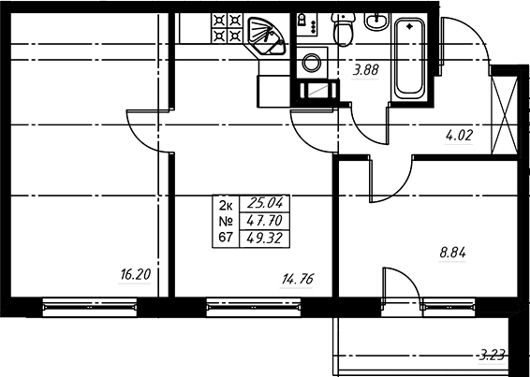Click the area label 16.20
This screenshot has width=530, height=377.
point(135,275)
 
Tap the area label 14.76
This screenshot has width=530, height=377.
point(298,280)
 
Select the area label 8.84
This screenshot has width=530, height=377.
point(452,253)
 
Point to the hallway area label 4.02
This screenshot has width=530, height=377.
point(459,136)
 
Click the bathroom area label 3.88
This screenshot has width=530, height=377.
point(365,70)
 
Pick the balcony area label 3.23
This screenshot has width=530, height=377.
point(493,355)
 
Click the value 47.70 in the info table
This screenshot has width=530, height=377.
point(264,222)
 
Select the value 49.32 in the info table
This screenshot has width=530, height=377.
point(264,239)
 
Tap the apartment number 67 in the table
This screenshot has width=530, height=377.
point(226,238)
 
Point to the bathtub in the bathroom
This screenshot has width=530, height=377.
point(409,58)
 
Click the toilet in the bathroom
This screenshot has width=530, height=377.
point(343,28)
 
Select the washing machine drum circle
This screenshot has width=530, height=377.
point(312,63)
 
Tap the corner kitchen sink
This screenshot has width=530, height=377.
point(265,36)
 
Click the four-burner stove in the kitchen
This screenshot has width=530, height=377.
point(227,28)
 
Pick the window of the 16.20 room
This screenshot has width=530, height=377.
point(90,307)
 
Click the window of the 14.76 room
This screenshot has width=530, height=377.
point(254,307)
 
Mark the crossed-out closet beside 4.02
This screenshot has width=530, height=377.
point(504,115)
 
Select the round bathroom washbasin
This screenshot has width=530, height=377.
point(375,21)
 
